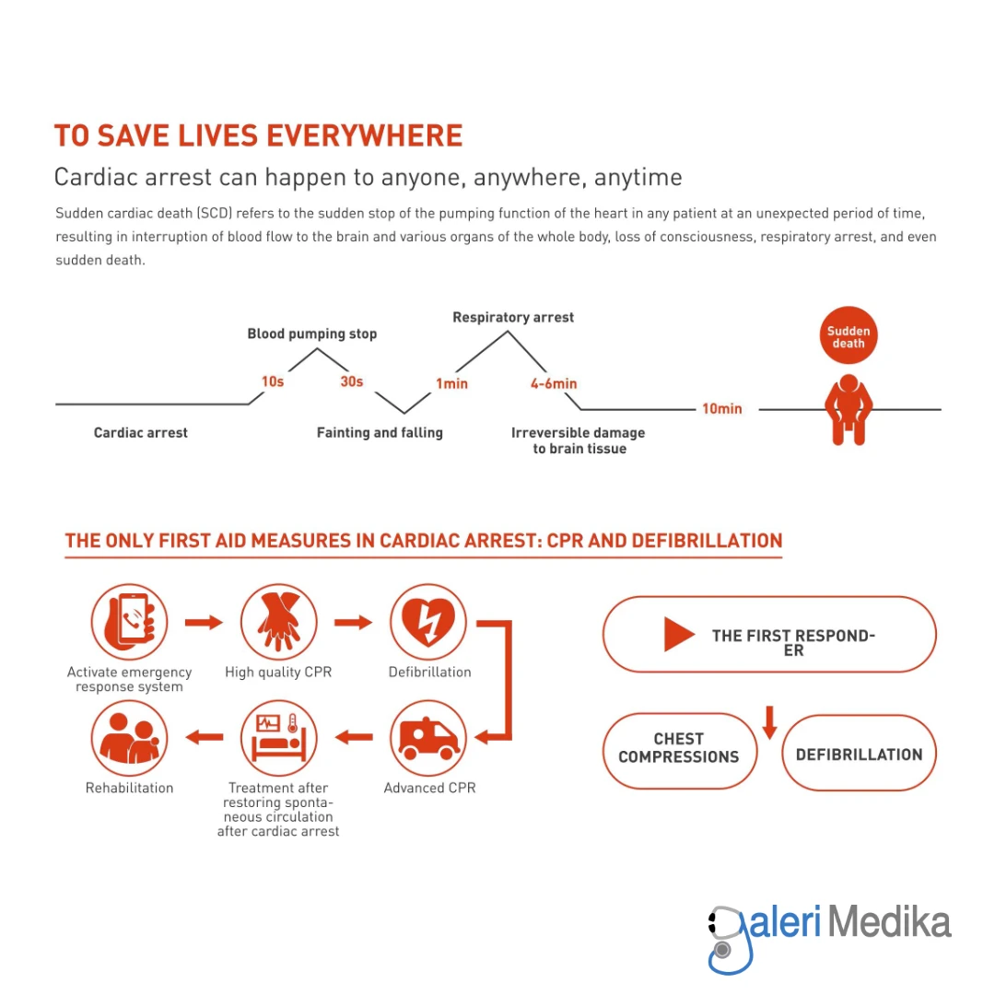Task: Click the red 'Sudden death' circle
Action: [x=849, y=336]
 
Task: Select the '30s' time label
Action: [x=352, y=381]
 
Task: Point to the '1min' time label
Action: [x=451, y=383]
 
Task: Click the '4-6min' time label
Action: [x=554, y=383]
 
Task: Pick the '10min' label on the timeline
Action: [x=721, y=408]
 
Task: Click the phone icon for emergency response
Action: [x=130, y=623]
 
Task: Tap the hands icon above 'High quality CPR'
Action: [x=278, y=623]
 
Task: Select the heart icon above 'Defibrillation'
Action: [x=428, y=623]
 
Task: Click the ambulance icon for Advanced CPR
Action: [x=428, y=738]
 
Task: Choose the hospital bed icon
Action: [x=278, y=738]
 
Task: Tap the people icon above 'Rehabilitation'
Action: [x=130, y=738]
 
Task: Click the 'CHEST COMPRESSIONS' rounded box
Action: [x=679, y=749]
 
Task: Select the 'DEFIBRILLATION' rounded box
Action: [x=859, y=754]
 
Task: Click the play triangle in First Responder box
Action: [x=679, y=635]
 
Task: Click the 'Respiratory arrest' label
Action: [x=513, y=317]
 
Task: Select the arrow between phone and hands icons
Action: [x=204, y=623]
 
